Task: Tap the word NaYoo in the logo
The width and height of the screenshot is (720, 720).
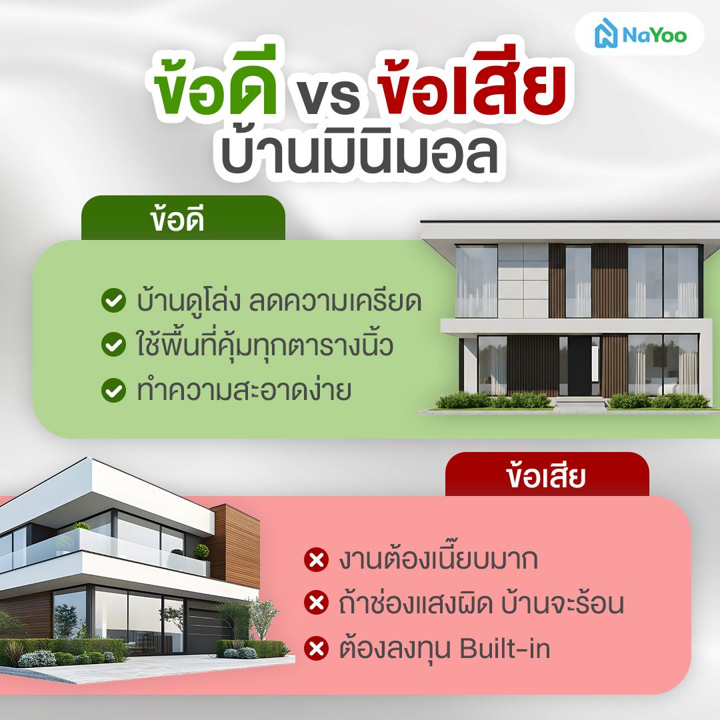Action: tap(655, 35)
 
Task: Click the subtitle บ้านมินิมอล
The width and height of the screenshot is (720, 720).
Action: tap(359, 155)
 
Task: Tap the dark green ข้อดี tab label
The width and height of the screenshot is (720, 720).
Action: tap(177, 221)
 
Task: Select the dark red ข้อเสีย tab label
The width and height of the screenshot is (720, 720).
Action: tap(545, 477)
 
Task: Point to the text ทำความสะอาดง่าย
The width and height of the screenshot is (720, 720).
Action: tap(244, 391)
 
